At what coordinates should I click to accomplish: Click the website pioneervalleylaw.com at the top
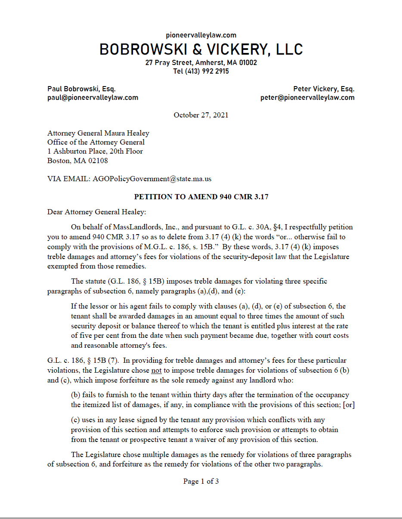pos(201,35)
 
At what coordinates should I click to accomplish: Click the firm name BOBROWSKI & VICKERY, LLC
pos(201,49)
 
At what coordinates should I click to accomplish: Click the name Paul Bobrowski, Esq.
pos(81,89)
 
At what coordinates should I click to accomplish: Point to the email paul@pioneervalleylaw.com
pos(93,98)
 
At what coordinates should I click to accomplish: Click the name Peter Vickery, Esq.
pos(324,89)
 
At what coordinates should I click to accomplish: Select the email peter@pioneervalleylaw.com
pos(307,98)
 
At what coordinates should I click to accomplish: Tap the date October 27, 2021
pos(201,115)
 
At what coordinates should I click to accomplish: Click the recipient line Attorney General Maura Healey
pos(98,133)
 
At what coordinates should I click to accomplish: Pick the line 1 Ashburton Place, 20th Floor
pos(95,151)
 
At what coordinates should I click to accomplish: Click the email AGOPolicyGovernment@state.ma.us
pos(152,179)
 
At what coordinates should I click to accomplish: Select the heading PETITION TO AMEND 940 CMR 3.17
pos(201,197)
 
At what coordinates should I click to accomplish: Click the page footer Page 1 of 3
pos(201,482)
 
